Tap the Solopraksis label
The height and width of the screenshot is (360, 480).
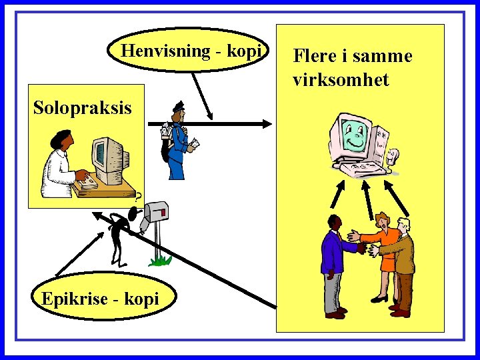click(83, 107)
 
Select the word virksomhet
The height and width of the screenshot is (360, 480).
click(341, 80)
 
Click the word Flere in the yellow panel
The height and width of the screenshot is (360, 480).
click(316, 56)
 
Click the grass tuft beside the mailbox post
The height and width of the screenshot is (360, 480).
click(159, 259)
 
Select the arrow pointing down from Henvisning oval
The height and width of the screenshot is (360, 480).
click(200, 93)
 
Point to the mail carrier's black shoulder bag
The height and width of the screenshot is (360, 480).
click(166, 149)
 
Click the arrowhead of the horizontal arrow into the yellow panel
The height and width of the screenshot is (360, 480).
click(267, 123)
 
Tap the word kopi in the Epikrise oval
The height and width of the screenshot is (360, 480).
click(143, 299)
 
